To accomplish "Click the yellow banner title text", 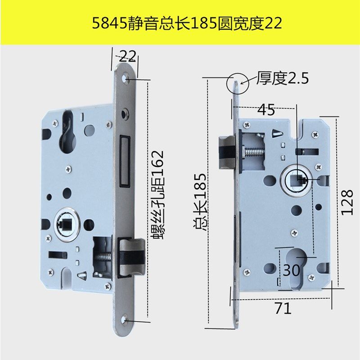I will (x=180, y=23).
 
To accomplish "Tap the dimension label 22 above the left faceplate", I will (x=128, y=56).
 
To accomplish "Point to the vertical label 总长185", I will (x=200, y=202).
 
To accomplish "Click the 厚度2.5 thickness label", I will (x=283, y=79).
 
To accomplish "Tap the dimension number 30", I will (x=292, y=270).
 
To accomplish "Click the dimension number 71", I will (x=283, y=309).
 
